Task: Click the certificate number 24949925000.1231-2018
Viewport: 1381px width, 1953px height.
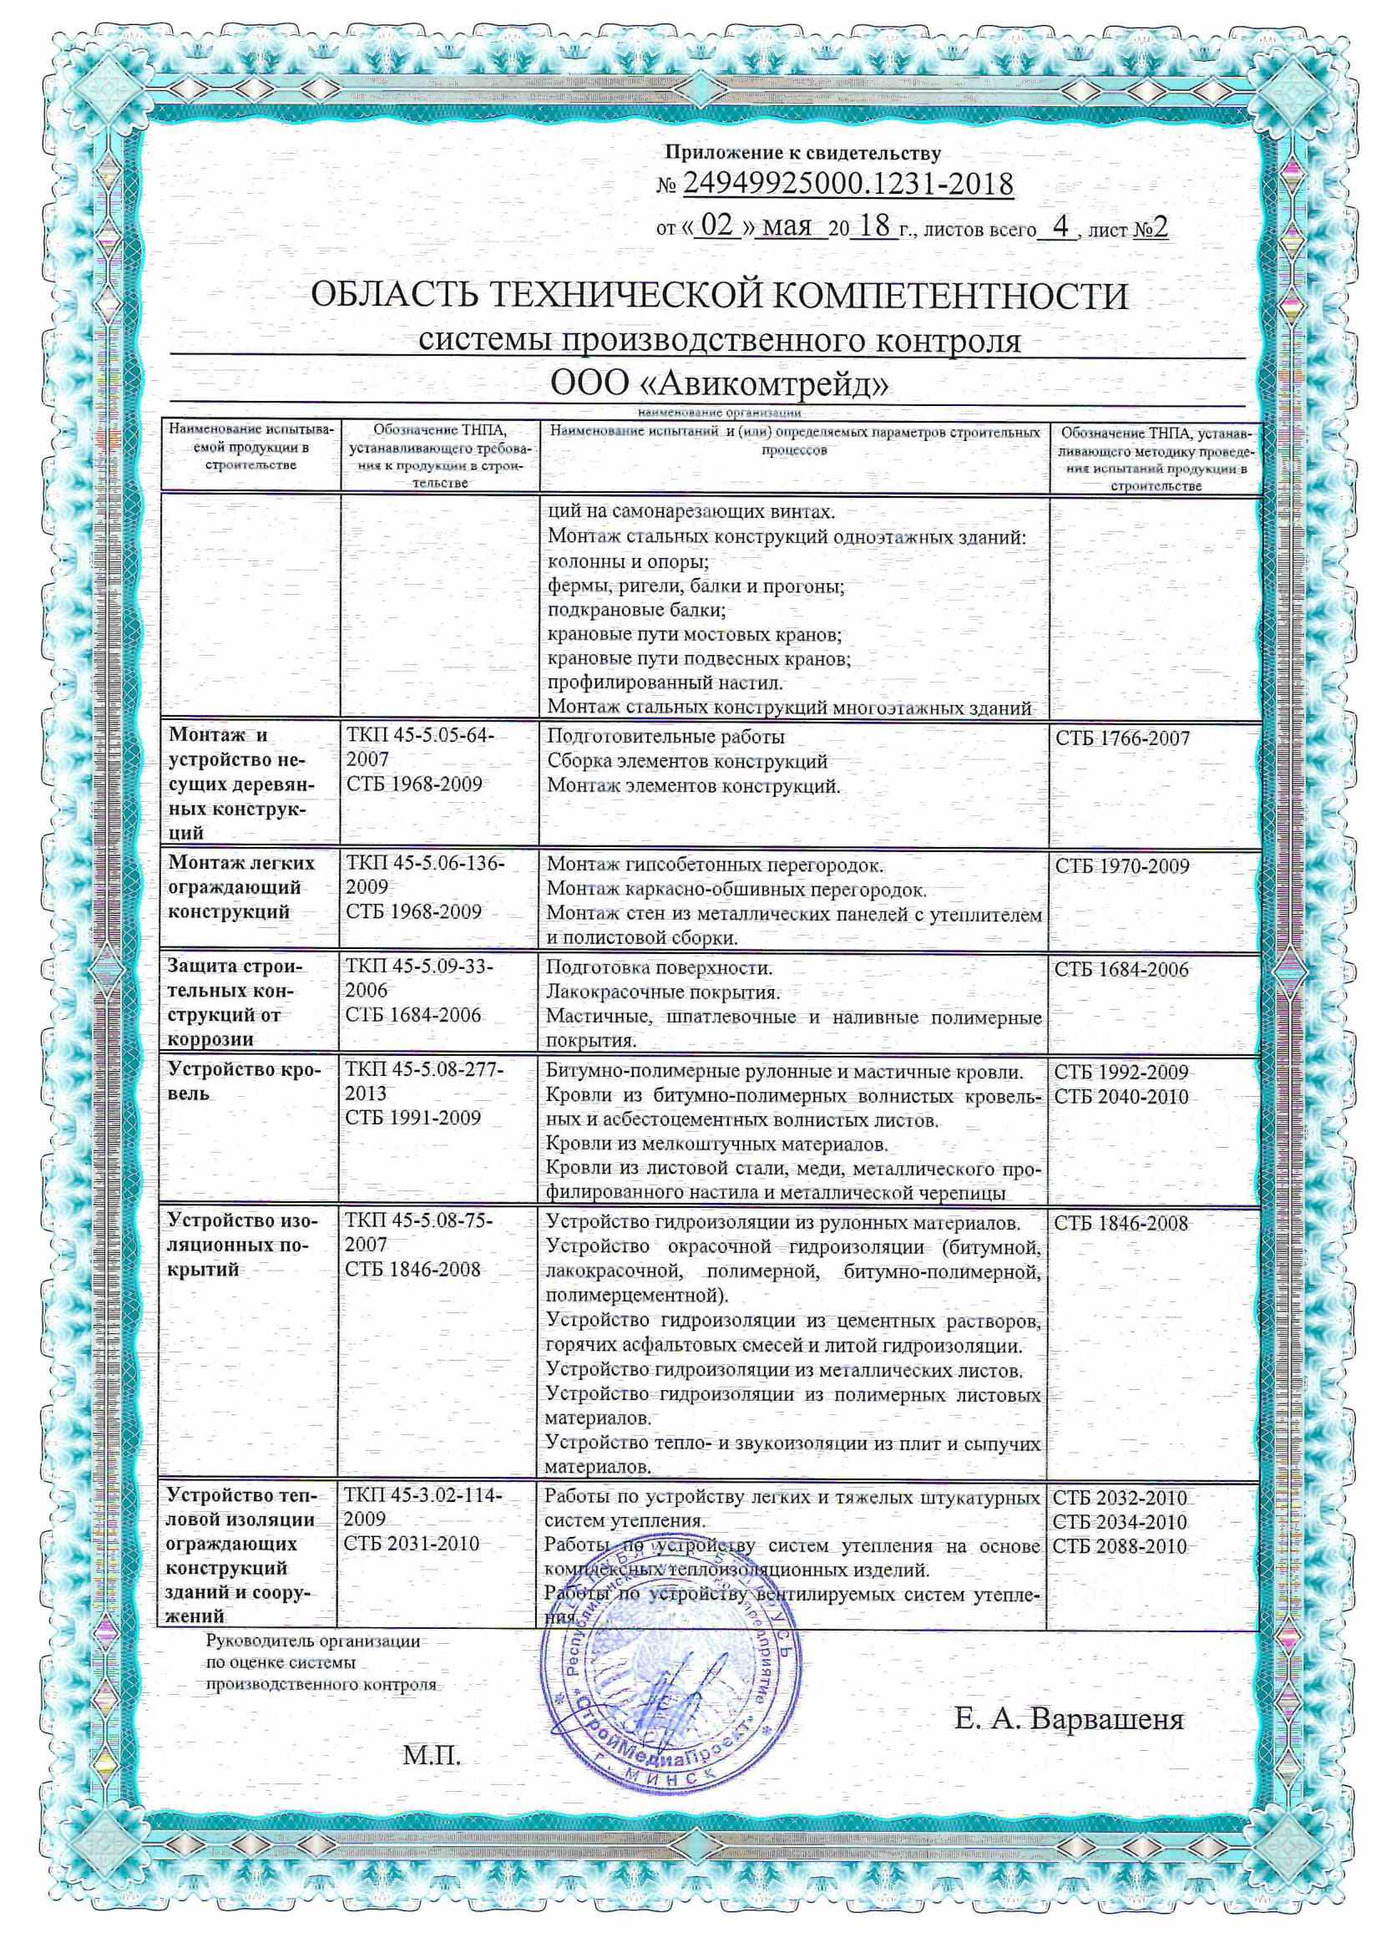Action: click(x=847, y=184)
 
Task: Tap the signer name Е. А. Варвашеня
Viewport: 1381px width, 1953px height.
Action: click(x=1068, y=1720)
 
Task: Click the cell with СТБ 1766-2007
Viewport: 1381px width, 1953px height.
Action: click(x=1122, y=738)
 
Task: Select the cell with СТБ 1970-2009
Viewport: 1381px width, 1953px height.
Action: click(x=1121, y=867)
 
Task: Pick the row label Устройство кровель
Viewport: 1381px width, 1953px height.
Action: click(x=243, y=1082)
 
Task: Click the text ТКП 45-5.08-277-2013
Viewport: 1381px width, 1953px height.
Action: click(x=424, y=1082)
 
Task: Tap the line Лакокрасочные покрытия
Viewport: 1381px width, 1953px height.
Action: click(x=662, y=992)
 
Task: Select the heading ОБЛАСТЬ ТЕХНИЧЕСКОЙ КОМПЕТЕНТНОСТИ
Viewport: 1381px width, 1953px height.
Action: click(x=720, y=297)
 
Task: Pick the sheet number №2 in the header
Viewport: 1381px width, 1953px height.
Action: click(x=1151, y=228)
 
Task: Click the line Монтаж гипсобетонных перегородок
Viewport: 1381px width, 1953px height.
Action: click(x=715, y=866)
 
